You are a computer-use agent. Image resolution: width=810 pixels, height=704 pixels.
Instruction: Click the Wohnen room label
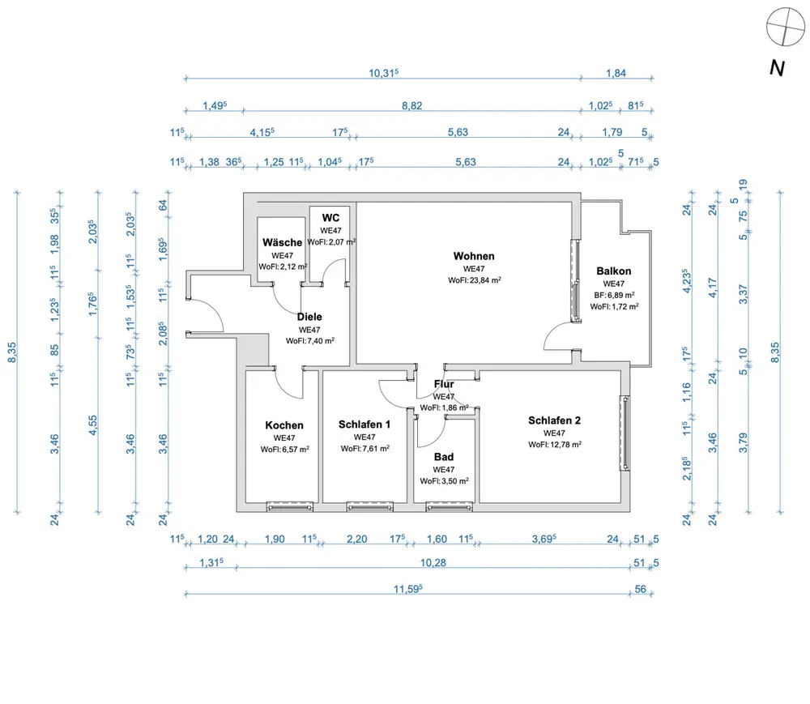474,256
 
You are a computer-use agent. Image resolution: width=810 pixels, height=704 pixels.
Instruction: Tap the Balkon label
613,271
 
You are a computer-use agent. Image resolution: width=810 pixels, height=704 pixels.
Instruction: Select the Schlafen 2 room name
554,420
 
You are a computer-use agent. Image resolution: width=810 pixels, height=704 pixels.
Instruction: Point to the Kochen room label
284,425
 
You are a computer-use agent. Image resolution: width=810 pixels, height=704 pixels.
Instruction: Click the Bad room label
443,457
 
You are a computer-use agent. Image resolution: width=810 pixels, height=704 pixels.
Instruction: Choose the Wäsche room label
282,242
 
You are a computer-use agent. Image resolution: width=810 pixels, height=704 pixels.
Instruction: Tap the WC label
330,218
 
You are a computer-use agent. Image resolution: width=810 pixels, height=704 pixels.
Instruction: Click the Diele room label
310,318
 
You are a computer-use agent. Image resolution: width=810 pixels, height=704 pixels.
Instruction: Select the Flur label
443,385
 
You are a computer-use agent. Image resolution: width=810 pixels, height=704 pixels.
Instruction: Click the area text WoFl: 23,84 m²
474,280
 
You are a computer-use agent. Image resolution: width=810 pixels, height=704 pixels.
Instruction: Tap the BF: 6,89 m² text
613,295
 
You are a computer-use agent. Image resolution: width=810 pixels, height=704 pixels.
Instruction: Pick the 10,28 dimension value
434,561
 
